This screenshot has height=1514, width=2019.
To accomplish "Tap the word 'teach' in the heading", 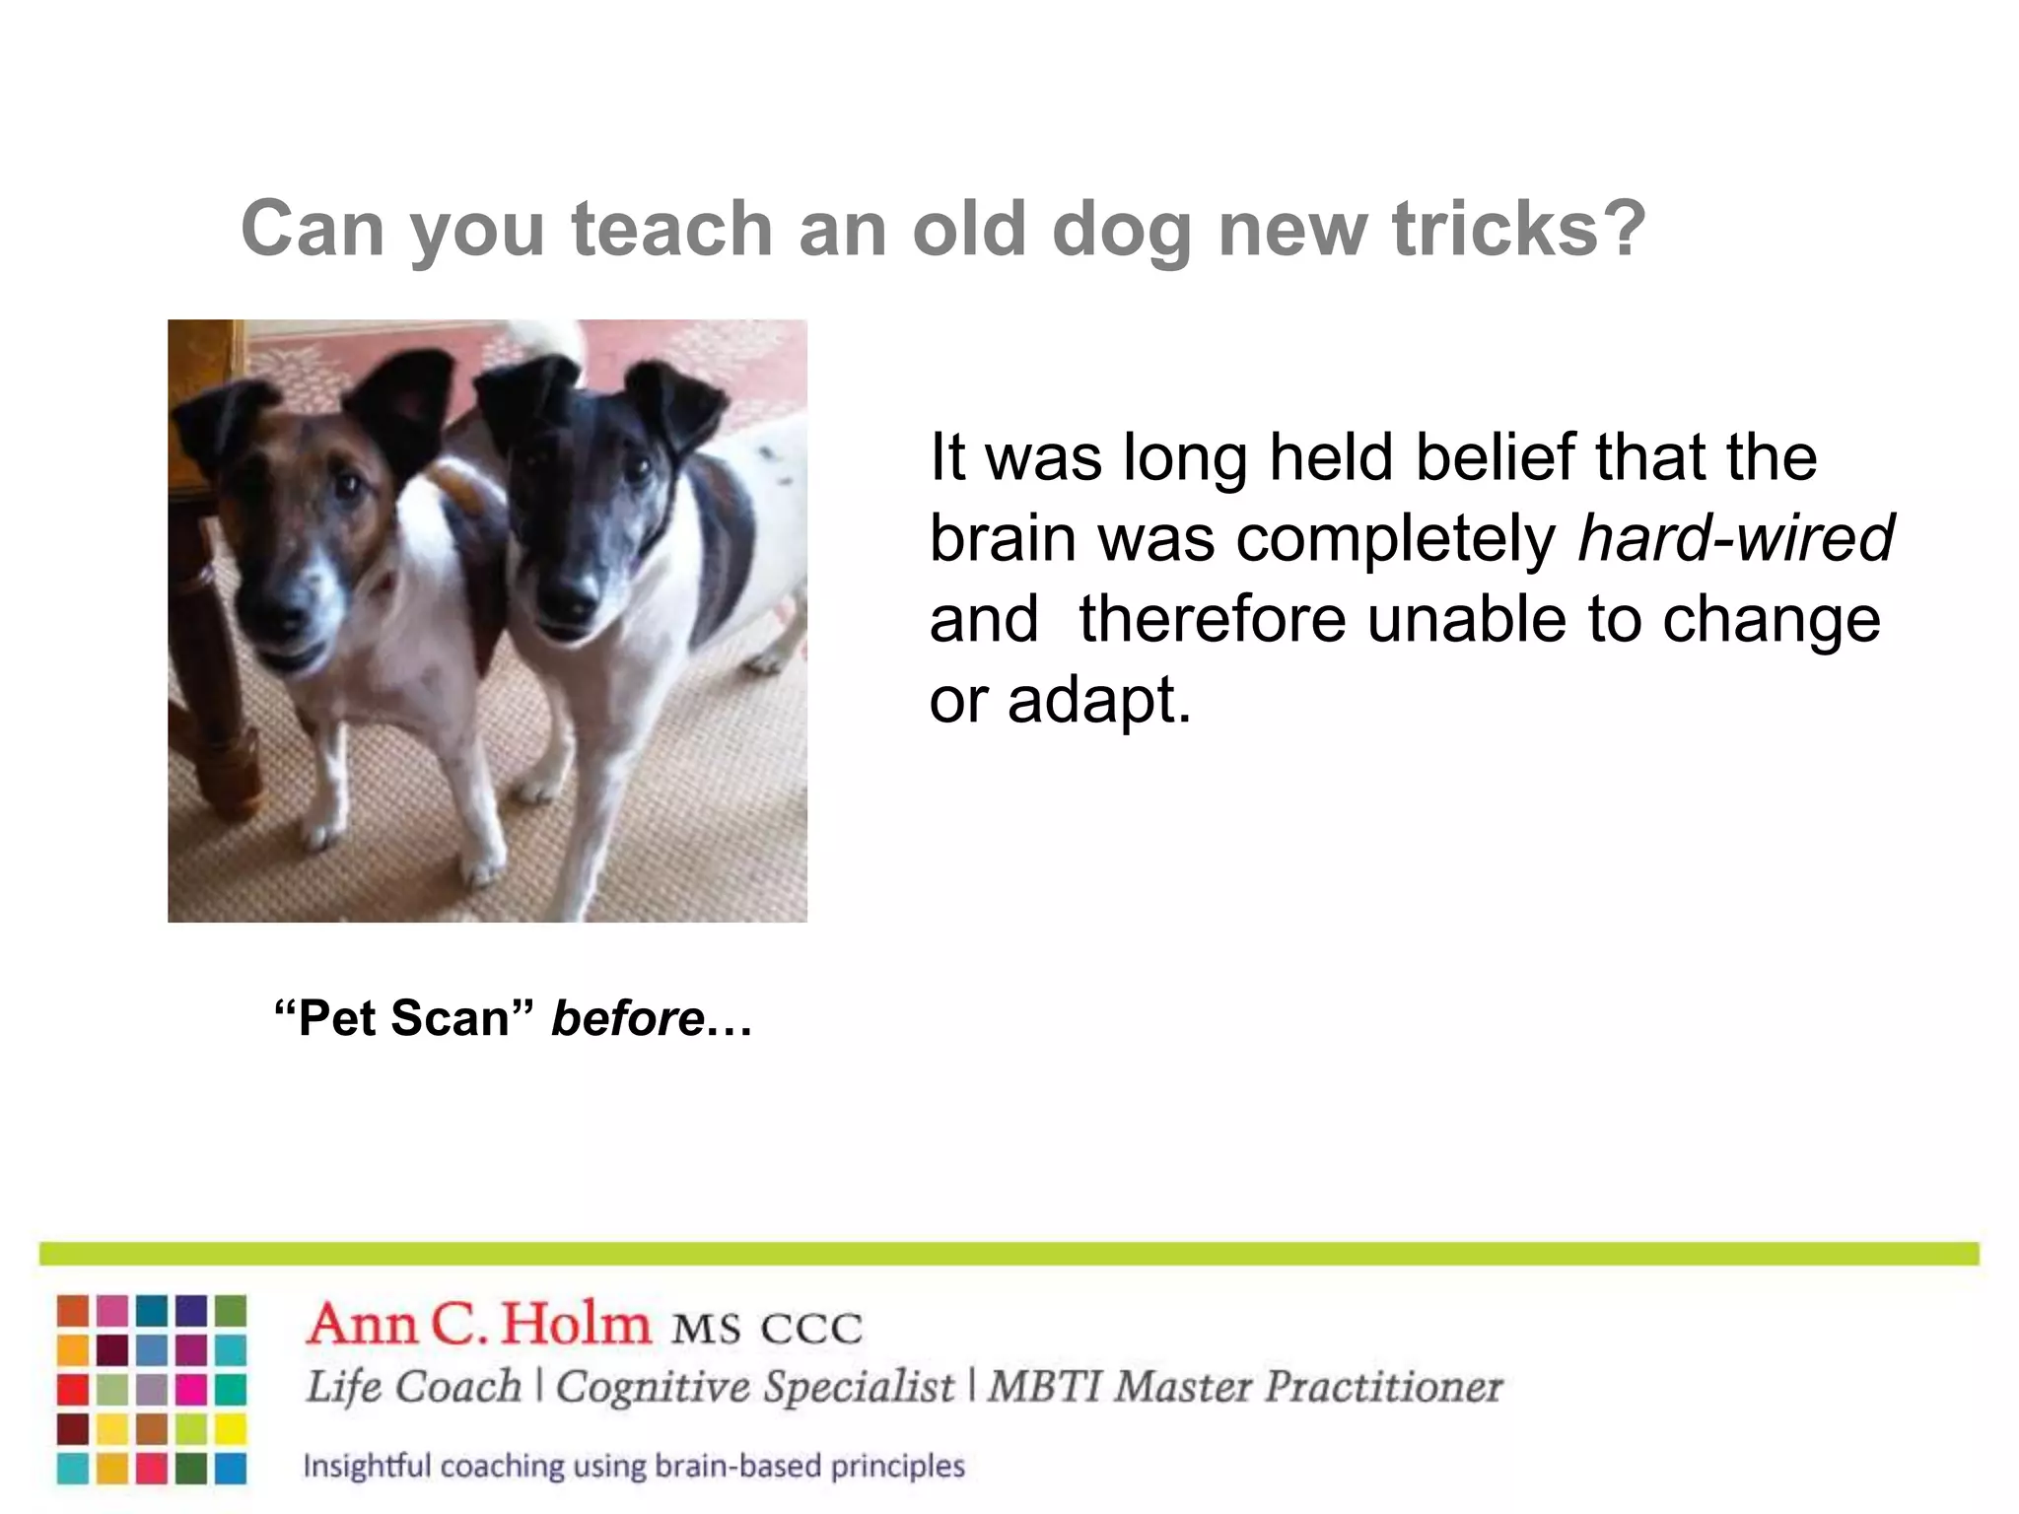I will [672, 229].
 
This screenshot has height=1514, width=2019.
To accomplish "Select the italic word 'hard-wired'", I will [1735, 539].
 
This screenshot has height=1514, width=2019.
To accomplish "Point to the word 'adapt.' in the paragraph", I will [1099, 701].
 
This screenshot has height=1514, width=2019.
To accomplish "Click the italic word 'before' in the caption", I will [627, 1018].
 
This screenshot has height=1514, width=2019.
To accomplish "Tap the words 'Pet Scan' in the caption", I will [402, 1018].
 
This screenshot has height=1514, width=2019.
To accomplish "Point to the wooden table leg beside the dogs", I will [212, 690].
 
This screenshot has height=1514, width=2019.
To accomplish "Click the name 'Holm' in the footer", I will [576, 1325].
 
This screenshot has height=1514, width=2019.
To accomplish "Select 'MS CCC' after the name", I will [766, 1329].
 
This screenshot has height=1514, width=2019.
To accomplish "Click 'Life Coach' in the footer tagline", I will [413, 1387].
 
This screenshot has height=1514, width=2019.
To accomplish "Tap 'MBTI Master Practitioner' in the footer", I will [1244, 1387].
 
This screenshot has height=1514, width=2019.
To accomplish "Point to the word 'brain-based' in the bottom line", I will [737, 1466].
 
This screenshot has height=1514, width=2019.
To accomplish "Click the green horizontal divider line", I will [1009, 1254].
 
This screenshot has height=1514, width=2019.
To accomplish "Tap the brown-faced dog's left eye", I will [347, 485].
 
